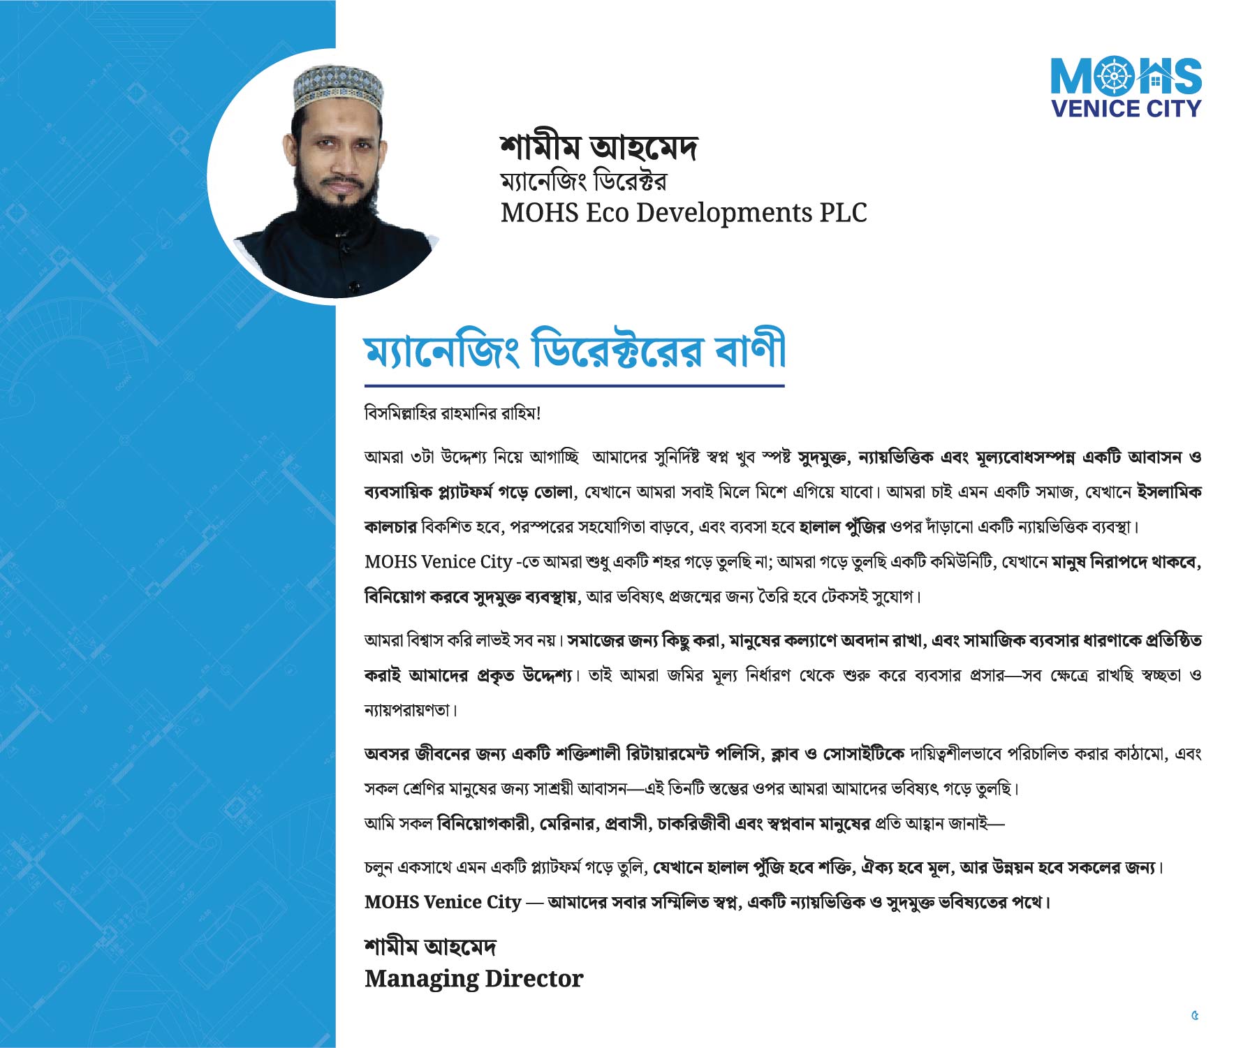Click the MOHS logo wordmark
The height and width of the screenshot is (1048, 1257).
coord(1126,76)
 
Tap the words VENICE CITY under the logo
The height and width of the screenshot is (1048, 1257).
coord(1126,109)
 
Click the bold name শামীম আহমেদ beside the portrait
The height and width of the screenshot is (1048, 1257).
coord(598,147)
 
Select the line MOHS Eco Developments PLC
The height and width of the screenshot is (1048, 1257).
coord(683,212)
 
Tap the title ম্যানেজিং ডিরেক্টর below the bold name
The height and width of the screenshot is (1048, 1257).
coord(583,182)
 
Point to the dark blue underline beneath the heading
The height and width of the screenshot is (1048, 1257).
coord(574,385)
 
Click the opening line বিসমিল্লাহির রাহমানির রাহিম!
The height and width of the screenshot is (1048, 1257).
coord(453,413)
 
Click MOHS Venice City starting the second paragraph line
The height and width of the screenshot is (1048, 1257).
coord(438,562)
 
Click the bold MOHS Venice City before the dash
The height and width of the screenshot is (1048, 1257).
coord(443,902)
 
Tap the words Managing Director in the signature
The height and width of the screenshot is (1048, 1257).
coord(473,979)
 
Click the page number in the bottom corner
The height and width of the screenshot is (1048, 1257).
coord(1195,1015)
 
